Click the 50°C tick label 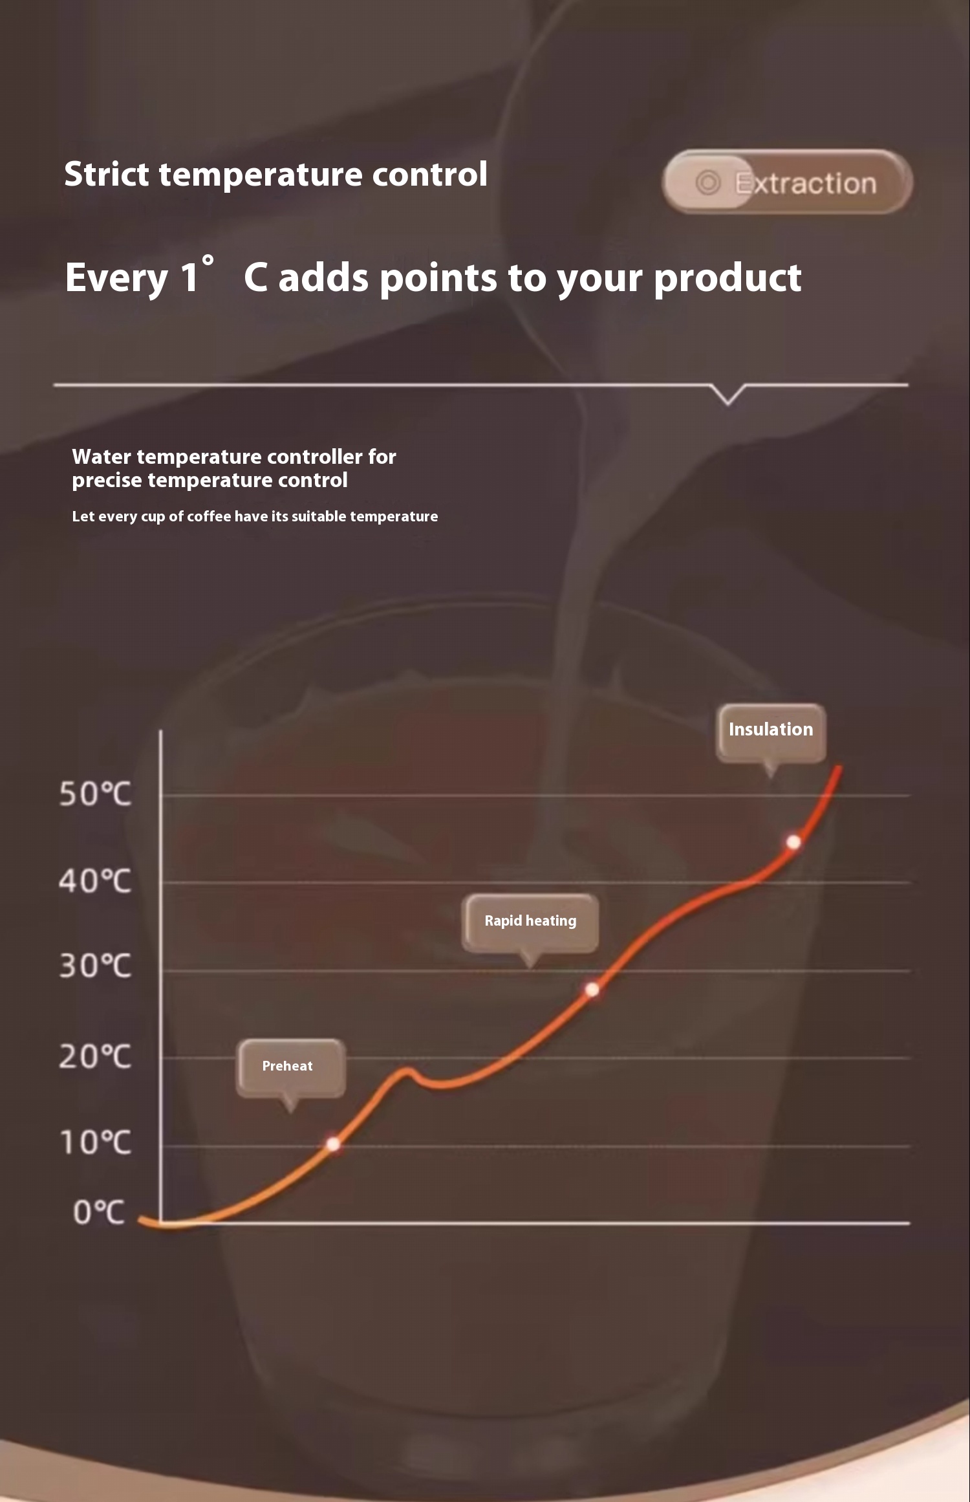pyautogui.click(x=95, y=794)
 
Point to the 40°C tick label pyautogui.click(x=95, y=881)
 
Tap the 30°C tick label pyautogui.click(x=95, y=966)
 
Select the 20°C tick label pyautogui.click(x=95, y=1057)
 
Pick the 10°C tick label pyautogui.click(x=95, y=1143)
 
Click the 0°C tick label pyautogui.click(x=98, y=1212)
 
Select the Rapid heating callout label pyautogui.click(x=530, y=923)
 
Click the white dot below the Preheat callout pyautogui.click(x=333, y=1144)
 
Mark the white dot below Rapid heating pyautogui.click(x=592, y=990)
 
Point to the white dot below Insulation pyautogui.click(x=793, y=842)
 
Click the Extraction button pyautogui.click(x=788, y=182)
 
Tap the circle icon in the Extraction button pyautogui.click(x=708, y=183)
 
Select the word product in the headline pyautogui.click(x=727, y=278)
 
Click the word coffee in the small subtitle pyautogui.click(x=209, y=516)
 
